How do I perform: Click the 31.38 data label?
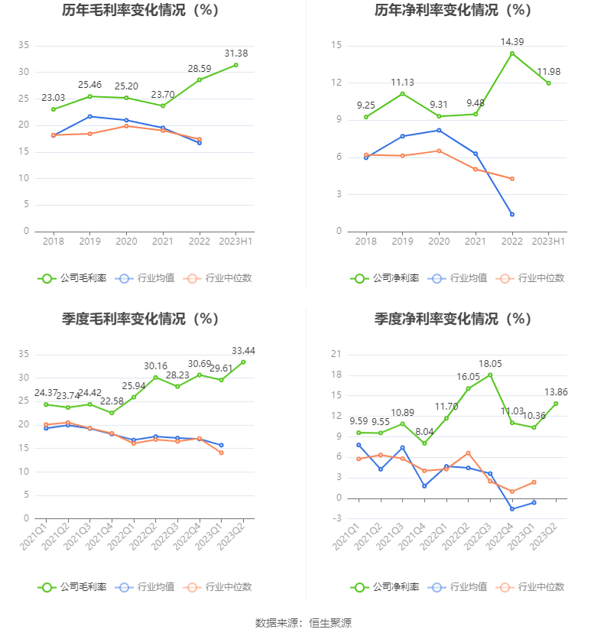pos(235,54)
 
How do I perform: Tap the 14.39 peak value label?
pos(512,41)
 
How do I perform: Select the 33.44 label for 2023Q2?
pos(243,351)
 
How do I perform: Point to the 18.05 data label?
pos(489,364)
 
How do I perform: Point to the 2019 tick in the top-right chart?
pos(402,242)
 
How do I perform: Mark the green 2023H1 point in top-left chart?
pos(235,65)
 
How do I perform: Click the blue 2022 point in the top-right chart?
pos(512,214)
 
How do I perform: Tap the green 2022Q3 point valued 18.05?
pos(490,375)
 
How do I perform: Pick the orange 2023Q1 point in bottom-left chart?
pos(221,452)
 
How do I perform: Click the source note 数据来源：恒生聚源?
pos(303,623)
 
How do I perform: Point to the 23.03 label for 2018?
pos(53,98)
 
